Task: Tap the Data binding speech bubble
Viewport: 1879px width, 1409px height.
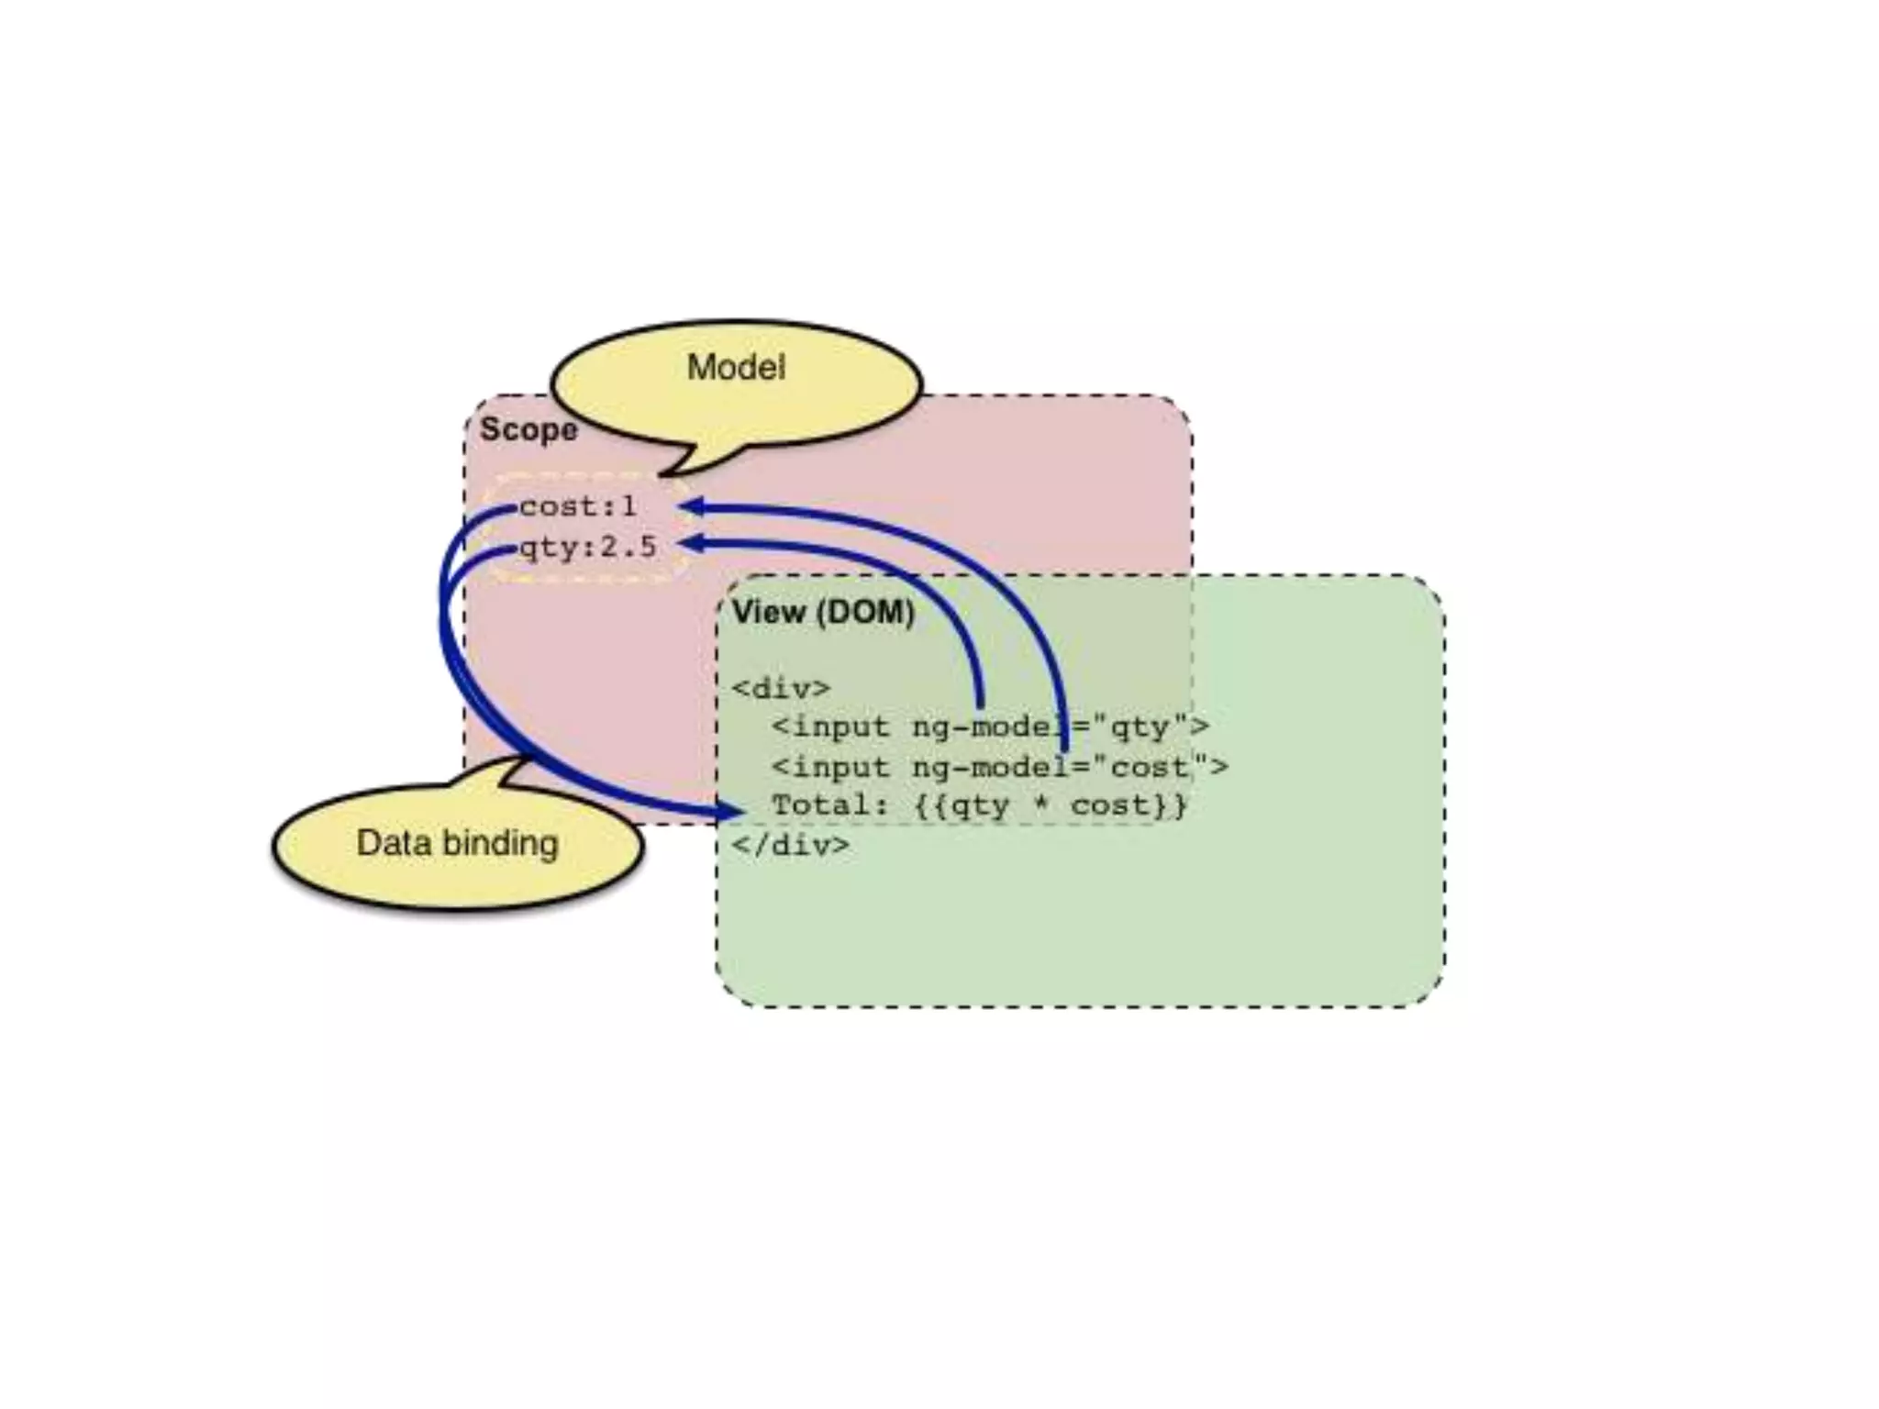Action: click(457, 844)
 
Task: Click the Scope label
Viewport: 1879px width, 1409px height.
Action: click(528, 429)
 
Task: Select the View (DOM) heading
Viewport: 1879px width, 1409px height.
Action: click(823, 612)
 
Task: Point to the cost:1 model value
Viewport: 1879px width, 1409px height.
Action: click(577, 506)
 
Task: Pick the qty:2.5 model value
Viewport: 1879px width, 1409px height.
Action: click(588, 548)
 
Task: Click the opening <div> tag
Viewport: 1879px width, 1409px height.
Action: click(781, 688)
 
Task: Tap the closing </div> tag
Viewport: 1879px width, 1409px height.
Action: click(790, 844)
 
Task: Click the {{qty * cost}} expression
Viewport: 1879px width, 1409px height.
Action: click(1051, 805)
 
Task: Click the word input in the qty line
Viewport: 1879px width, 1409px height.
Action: click(840, 727)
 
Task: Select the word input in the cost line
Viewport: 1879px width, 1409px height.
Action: click(840, 767)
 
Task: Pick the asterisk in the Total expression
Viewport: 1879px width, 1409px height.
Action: click(1041, 805)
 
